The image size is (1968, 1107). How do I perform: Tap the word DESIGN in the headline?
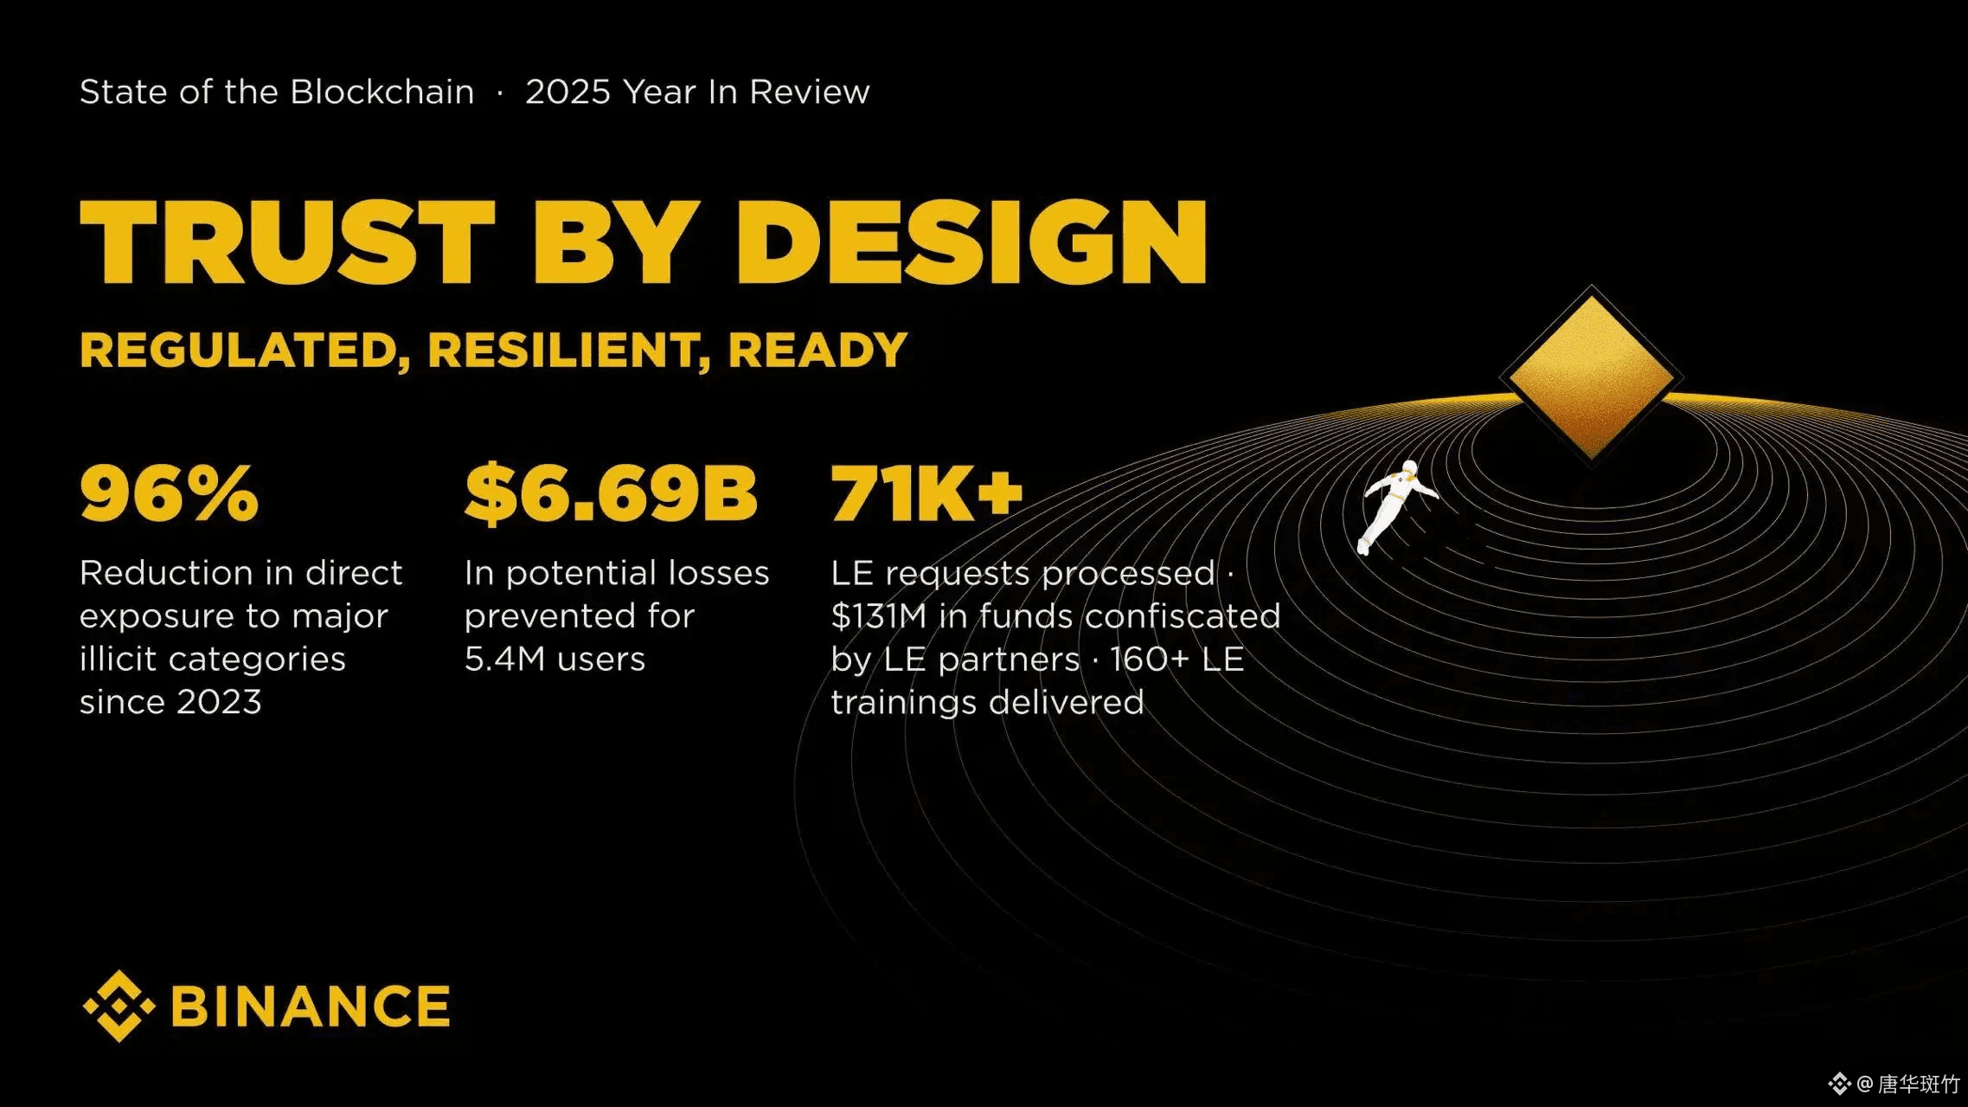971,242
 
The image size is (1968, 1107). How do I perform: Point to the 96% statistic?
170,492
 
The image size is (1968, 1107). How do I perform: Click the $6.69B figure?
611,493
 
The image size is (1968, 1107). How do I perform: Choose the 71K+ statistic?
926,492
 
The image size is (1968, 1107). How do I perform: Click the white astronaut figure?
1394,506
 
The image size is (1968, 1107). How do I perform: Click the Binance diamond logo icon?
119,1006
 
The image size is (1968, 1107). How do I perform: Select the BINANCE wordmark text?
311,1006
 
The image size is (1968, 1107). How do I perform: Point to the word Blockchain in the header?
381,92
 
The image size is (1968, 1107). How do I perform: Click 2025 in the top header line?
567,92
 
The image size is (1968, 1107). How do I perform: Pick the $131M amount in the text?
879,616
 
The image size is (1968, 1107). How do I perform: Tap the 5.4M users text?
555,660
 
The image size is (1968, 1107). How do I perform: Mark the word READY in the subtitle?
817,351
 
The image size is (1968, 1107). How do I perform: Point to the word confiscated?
1183,616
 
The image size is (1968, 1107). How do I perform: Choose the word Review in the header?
809,92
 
